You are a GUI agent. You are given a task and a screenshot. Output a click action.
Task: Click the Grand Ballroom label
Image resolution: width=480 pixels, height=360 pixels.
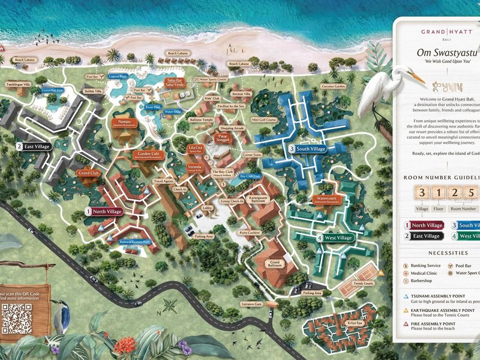[275, 264]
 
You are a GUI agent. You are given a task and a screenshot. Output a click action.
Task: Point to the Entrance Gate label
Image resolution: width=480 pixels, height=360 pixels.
[251, 304]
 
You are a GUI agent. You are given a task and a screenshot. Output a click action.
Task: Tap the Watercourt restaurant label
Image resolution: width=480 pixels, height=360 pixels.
[326, 199]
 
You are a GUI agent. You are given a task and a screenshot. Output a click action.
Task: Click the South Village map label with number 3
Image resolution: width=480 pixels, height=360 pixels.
[307, 149]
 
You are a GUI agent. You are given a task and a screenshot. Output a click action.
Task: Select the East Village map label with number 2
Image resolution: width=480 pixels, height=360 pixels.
[34, 146]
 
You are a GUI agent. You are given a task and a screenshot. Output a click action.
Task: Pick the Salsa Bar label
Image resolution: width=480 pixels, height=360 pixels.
[175, 82]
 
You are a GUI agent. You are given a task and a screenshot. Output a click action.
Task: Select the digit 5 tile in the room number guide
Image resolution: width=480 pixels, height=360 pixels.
[472, 194]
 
